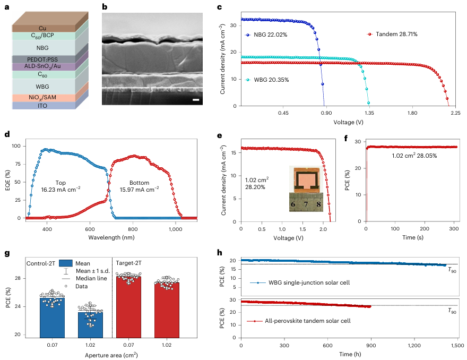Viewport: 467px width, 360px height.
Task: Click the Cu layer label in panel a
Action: click(x=42, y=28)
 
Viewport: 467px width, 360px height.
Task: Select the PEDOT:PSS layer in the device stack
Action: click(x=42, y=59)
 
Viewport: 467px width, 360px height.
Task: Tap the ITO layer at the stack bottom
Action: click(x=42, y=106)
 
